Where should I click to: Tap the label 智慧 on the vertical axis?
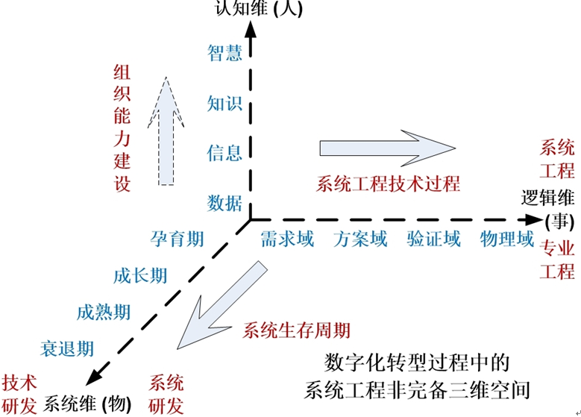point(224,53)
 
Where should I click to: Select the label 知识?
point(224,103)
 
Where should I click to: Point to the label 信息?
point(224,153)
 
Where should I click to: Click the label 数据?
point(224,202)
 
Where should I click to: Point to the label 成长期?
point(140,276)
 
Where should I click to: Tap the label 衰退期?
point(67,348)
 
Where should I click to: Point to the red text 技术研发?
point(20,394)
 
